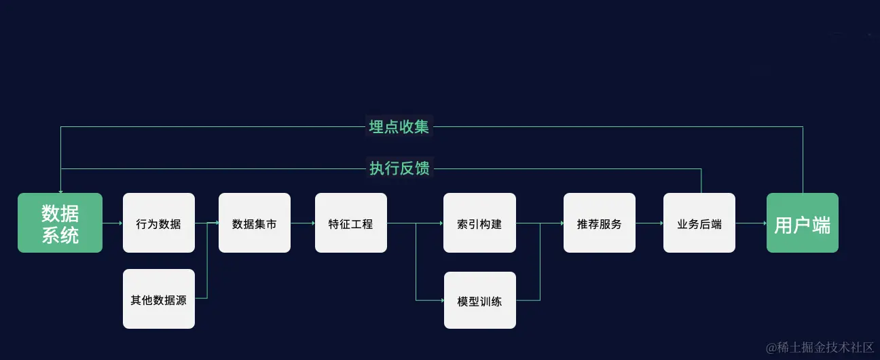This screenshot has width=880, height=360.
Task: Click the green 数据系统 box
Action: [x=60, y=223]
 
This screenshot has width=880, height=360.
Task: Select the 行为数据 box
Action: [x=158, y=223]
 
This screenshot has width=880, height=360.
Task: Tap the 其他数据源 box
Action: [x=158, y=299]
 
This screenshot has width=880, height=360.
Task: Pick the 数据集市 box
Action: [x=254, y=223]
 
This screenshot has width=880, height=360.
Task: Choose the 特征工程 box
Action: [x=350, y=223]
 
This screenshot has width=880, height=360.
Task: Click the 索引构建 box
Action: [x=479, y=223]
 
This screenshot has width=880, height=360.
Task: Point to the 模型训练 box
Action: [x=479, y=300]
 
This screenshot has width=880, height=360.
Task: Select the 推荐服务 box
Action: [x=599, y=223]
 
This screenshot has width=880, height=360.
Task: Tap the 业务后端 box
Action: [x=699, y=223]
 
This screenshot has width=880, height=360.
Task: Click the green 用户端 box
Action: [x=802, y=223]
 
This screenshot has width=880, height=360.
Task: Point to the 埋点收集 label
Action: [x=399, y=126]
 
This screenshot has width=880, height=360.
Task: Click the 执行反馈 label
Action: [x=399, y=168]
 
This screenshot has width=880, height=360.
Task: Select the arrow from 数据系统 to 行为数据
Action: [x=112, y=223]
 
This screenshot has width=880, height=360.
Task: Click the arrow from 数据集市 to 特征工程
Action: [x=302, y=223]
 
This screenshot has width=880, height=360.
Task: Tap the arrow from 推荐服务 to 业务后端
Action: [x=649, y=223]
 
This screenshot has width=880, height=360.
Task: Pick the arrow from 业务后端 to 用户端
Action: [x=750, y=223]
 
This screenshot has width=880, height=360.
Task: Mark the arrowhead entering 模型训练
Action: [x=441, y=300]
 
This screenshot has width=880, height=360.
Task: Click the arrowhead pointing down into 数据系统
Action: [x=60, y=191]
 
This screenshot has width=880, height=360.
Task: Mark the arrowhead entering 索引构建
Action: [x=441, y=223]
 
